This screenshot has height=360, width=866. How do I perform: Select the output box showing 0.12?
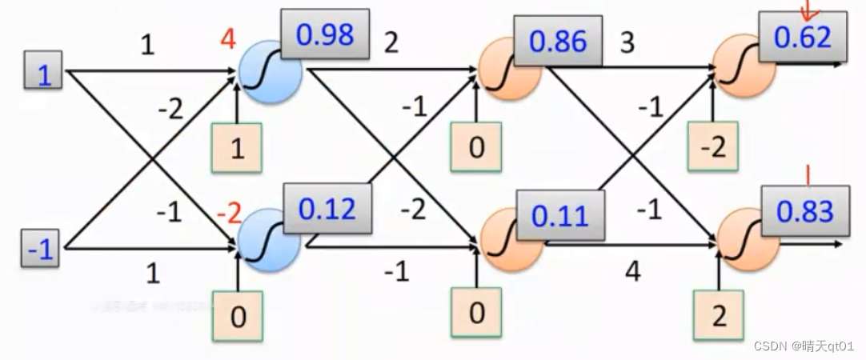[327, 210]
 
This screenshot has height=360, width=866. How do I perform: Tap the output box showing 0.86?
[559, 42]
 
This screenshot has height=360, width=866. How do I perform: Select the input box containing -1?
[40, 251]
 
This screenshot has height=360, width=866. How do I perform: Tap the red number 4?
[228, 38]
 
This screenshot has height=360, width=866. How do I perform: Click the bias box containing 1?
[237, 149]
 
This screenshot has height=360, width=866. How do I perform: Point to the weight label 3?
[627, 42]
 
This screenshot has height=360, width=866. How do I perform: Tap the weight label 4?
[632, 272]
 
